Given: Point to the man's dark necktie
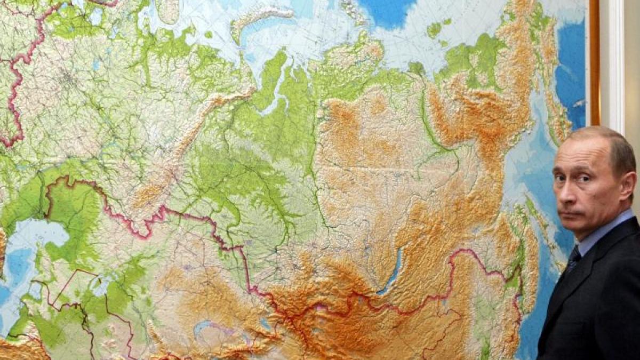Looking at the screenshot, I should [x=573, y=259].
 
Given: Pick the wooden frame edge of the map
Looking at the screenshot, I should [x=594, y=64].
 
